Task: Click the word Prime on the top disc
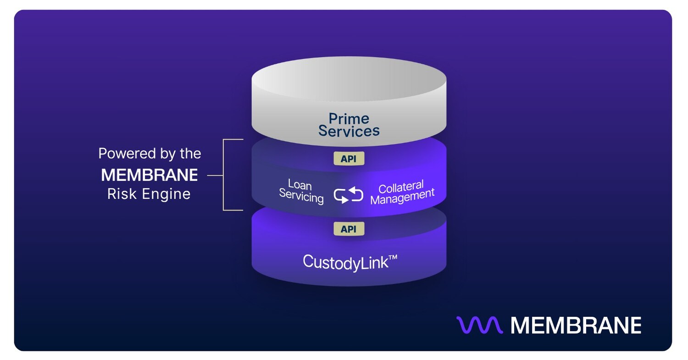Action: point(349,119)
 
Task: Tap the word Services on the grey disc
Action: point(349,131)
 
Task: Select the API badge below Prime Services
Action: point(349,159)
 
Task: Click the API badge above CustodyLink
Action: point(349,229)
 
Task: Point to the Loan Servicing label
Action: point(301,192)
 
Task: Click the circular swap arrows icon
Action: point(349,195)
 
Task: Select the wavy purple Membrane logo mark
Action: point(479,325)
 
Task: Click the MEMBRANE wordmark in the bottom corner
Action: point(576,325)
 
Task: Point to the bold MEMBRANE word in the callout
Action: point(150,175)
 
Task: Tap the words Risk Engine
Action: point(149,194)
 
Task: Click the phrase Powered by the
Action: point(150,153)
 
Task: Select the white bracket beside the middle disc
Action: point(224,175)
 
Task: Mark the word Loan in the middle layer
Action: point(300,185)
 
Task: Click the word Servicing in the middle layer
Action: point(301,198)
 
